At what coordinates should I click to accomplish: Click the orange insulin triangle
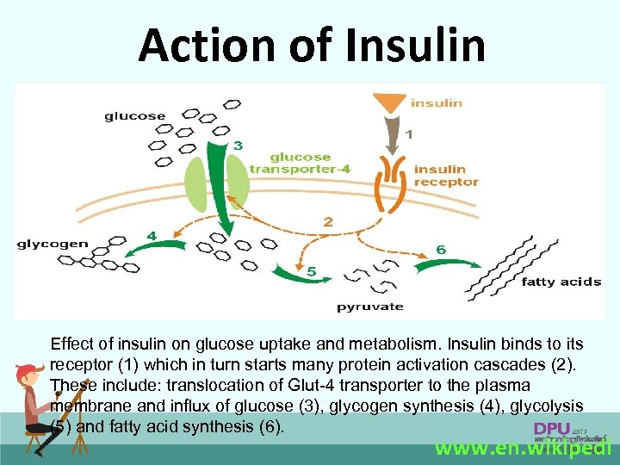pos(392,103)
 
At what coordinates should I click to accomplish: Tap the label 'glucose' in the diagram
pos(135,116)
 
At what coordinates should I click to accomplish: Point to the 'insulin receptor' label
pos(445,175)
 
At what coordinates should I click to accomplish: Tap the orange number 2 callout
pos(327,222)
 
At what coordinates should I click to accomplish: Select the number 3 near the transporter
pos(238,144)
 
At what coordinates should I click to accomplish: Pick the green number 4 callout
pos(152,235)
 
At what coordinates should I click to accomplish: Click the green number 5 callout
pos(312,272)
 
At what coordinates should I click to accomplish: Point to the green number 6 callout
pos(440,249)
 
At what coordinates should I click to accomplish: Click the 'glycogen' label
pos(53,244)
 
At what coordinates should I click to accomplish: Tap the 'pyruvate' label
pos(369,307)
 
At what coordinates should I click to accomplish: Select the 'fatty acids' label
pos(561,282)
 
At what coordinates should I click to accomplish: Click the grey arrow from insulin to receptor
pos(392,135)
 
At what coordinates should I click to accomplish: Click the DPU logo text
pos(551,428)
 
